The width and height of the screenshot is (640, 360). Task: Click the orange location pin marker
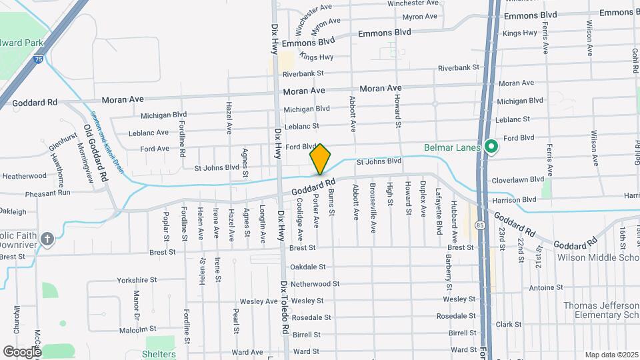[x=321, y=159]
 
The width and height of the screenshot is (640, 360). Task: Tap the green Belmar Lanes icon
[x=491, y=146]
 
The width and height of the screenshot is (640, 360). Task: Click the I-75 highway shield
[x=39, y=59]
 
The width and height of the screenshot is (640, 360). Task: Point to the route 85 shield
[x=480, y=225]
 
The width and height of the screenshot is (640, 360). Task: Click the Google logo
[x=22, y=351]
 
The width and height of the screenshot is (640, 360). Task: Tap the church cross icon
[x=47, y=239]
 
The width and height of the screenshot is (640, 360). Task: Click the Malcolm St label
[x=139, y=328]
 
